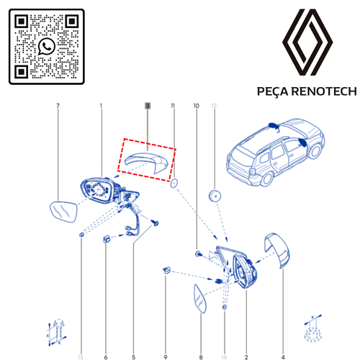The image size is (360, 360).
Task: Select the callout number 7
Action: coord(58,106)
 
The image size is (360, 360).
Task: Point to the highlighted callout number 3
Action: coord(148,106)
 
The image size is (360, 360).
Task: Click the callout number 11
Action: coord(173,106)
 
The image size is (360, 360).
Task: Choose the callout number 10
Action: coord(196,106)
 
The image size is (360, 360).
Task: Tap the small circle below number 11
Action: coord(174,185)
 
